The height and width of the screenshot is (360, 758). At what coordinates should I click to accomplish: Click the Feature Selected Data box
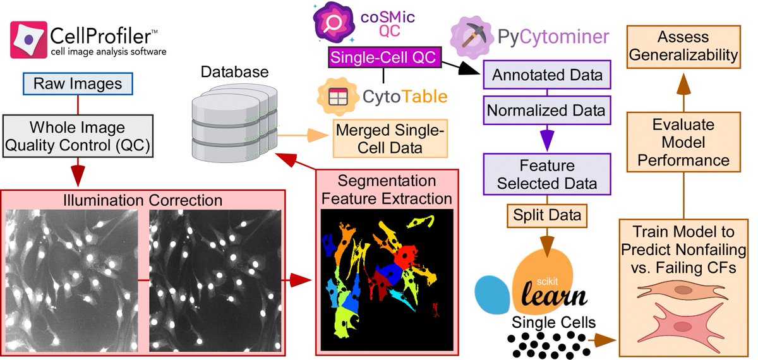[x=546, y=175]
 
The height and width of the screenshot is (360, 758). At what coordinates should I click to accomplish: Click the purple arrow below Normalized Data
[x=546, y=136]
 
